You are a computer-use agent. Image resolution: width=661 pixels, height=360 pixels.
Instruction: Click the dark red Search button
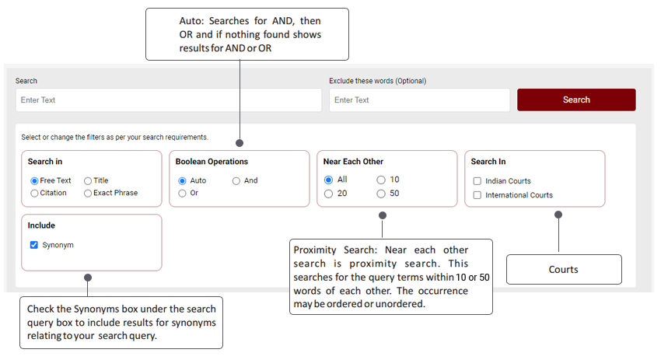[576, 100]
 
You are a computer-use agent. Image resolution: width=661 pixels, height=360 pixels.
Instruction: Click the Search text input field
[169, 100]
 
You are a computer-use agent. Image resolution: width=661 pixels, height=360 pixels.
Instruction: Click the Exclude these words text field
[419, 100]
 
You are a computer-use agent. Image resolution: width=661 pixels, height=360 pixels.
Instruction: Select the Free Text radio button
[34, 181]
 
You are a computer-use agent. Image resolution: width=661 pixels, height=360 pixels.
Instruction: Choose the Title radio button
[88, 181]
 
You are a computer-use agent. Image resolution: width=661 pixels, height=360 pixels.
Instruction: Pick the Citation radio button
[34, 193]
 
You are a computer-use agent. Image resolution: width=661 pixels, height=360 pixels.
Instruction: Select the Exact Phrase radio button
[88, 193]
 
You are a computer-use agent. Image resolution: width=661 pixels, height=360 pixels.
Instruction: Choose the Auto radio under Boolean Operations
[182, 181]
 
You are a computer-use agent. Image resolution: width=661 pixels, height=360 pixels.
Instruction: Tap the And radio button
[236, 181]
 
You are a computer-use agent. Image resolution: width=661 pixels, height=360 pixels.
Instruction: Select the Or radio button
[182, 193]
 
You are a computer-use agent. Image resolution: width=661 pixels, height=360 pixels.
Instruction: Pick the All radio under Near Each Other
[328, 180]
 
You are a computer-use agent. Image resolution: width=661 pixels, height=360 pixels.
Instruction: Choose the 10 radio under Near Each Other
[381, 180]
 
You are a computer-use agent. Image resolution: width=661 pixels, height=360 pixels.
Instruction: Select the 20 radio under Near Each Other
[328, 194]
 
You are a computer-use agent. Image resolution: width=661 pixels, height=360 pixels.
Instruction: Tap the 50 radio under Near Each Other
[381, 194]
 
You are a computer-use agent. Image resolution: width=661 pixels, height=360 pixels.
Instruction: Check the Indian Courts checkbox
[477, 181]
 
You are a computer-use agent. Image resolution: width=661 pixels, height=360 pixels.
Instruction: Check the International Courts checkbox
[477, 195]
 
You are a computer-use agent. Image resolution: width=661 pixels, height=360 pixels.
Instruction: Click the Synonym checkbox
[34, 245]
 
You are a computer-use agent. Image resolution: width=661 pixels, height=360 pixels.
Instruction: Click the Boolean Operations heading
[212, 162]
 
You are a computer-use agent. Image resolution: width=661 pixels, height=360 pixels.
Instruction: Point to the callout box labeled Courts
[564, 269]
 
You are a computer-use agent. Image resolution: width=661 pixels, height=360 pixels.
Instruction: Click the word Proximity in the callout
[315, 250]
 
